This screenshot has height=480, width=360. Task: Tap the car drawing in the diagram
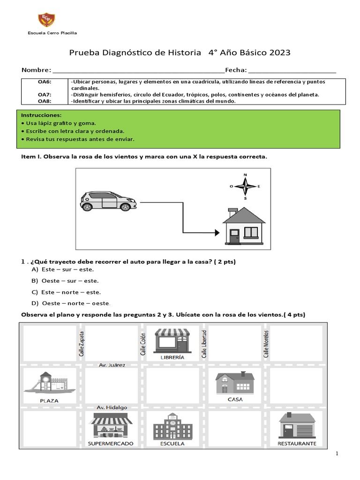tap(108, 201)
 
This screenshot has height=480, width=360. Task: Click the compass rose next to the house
tap(245, 187)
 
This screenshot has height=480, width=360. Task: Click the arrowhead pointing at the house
tap(216, 232)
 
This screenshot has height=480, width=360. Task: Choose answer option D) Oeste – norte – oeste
tap(74, 303)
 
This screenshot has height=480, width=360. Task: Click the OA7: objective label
tap(44, 95)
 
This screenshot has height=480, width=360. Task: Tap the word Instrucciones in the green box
tap(41, 115)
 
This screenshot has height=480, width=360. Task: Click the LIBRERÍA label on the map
tap(172, 357)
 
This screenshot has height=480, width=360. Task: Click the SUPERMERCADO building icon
tap(111, 425)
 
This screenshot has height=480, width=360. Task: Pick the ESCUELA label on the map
tap(172, 443)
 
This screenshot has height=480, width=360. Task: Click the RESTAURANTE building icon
tap(297, 425)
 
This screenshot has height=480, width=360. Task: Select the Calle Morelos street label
tap(266, 344)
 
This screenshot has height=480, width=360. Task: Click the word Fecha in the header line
tap(235, 70)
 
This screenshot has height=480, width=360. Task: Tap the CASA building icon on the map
tap(235, 383)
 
